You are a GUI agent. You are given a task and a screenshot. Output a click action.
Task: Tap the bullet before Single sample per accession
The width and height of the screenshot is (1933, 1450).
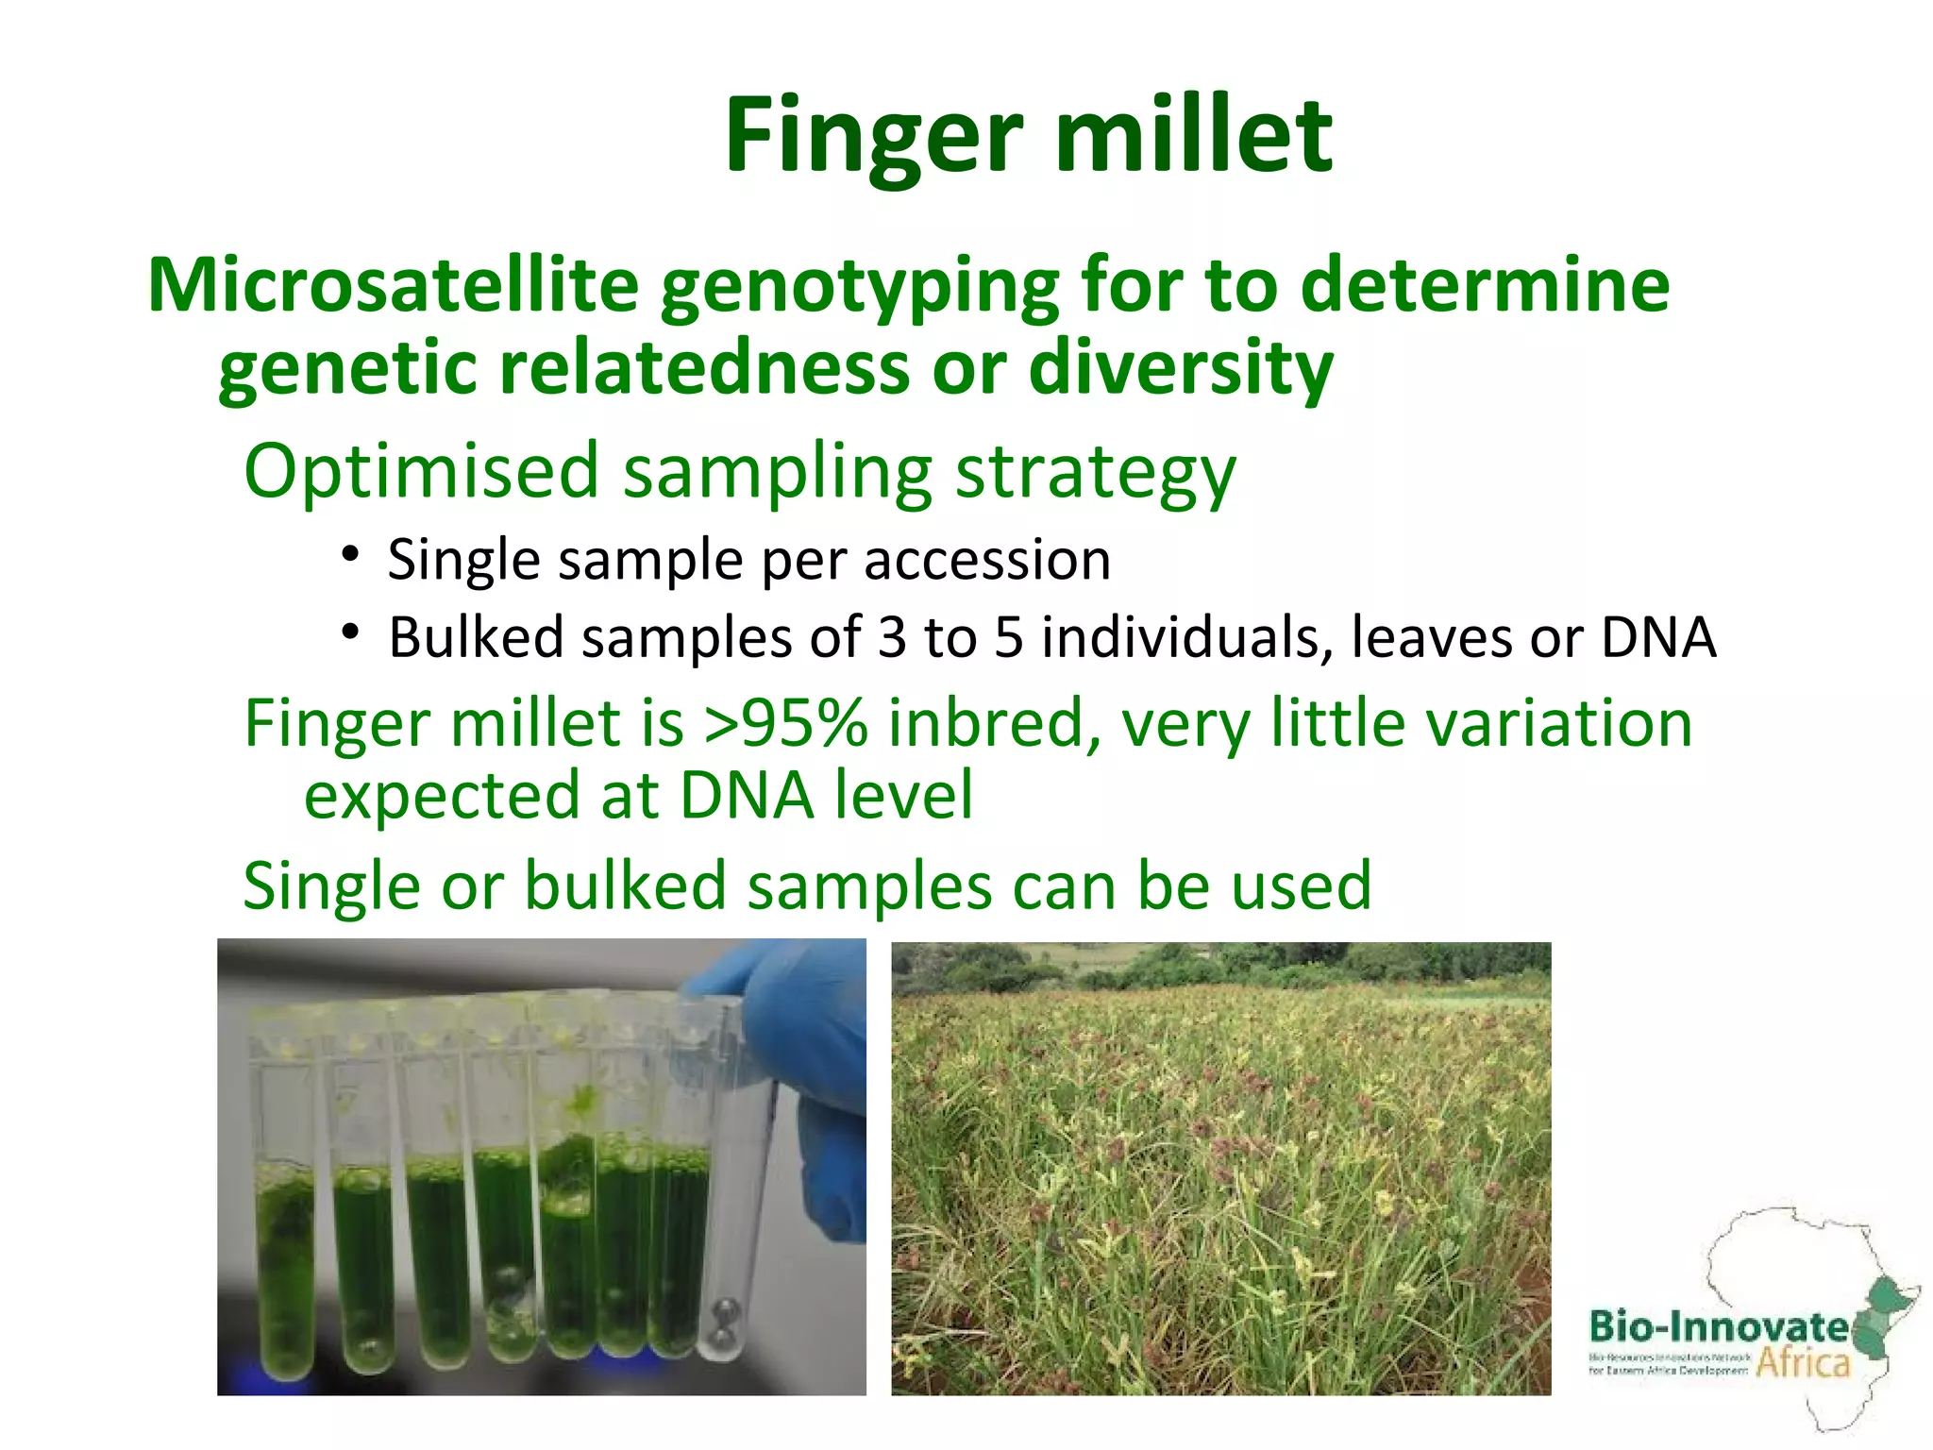(x=351, y=554)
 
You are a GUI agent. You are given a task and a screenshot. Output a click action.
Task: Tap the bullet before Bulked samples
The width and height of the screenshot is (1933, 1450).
(x=351, y=632)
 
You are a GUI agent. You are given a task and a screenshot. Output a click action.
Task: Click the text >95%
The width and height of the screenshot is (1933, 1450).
(x=785, y=724)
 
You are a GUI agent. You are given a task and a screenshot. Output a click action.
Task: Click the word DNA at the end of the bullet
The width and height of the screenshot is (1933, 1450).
(x=1658, y=637)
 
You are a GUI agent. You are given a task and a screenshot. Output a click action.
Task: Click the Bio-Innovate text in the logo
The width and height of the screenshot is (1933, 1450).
(x=1718, y=1327)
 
